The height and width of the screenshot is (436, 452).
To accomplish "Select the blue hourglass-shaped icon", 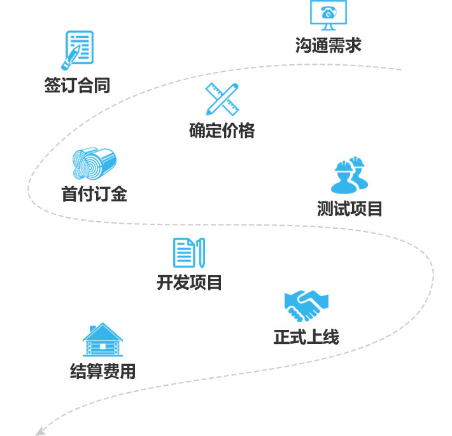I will (x=223, y=99).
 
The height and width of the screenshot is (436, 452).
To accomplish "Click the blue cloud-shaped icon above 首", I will (x=94, y=163).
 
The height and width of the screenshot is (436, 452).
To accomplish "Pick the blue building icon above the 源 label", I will (x=349, y=175).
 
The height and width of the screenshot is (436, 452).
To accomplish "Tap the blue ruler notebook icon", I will (x=189, y=253).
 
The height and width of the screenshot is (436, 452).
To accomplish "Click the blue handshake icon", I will (x=306, y=306).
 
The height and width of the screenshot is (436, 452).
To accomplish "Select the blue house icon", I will (x=103, y=339).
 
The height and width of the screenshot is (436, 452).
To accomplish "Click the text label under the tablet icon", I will (x=77, y=85).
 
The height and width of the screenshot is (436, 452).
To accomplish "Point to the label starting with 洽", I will (x=328, y=45).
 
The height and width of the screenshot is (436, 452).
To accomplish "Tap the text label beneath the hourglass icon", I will (x=222, y=130).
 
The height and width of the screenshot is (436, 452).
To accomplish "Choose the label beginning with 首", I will (x=94, y=194).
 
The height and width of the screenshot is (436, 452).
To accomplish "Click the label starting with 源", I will (x=349, y=209).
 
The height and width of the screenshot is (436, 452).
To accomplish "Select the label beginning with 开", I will (x=189, y=283).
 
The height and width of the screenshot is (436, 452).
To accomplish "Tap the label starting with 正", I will (x=306, y=337).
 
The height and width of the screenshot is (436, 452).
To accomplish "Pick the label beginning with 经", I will (x=102, y=371).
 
